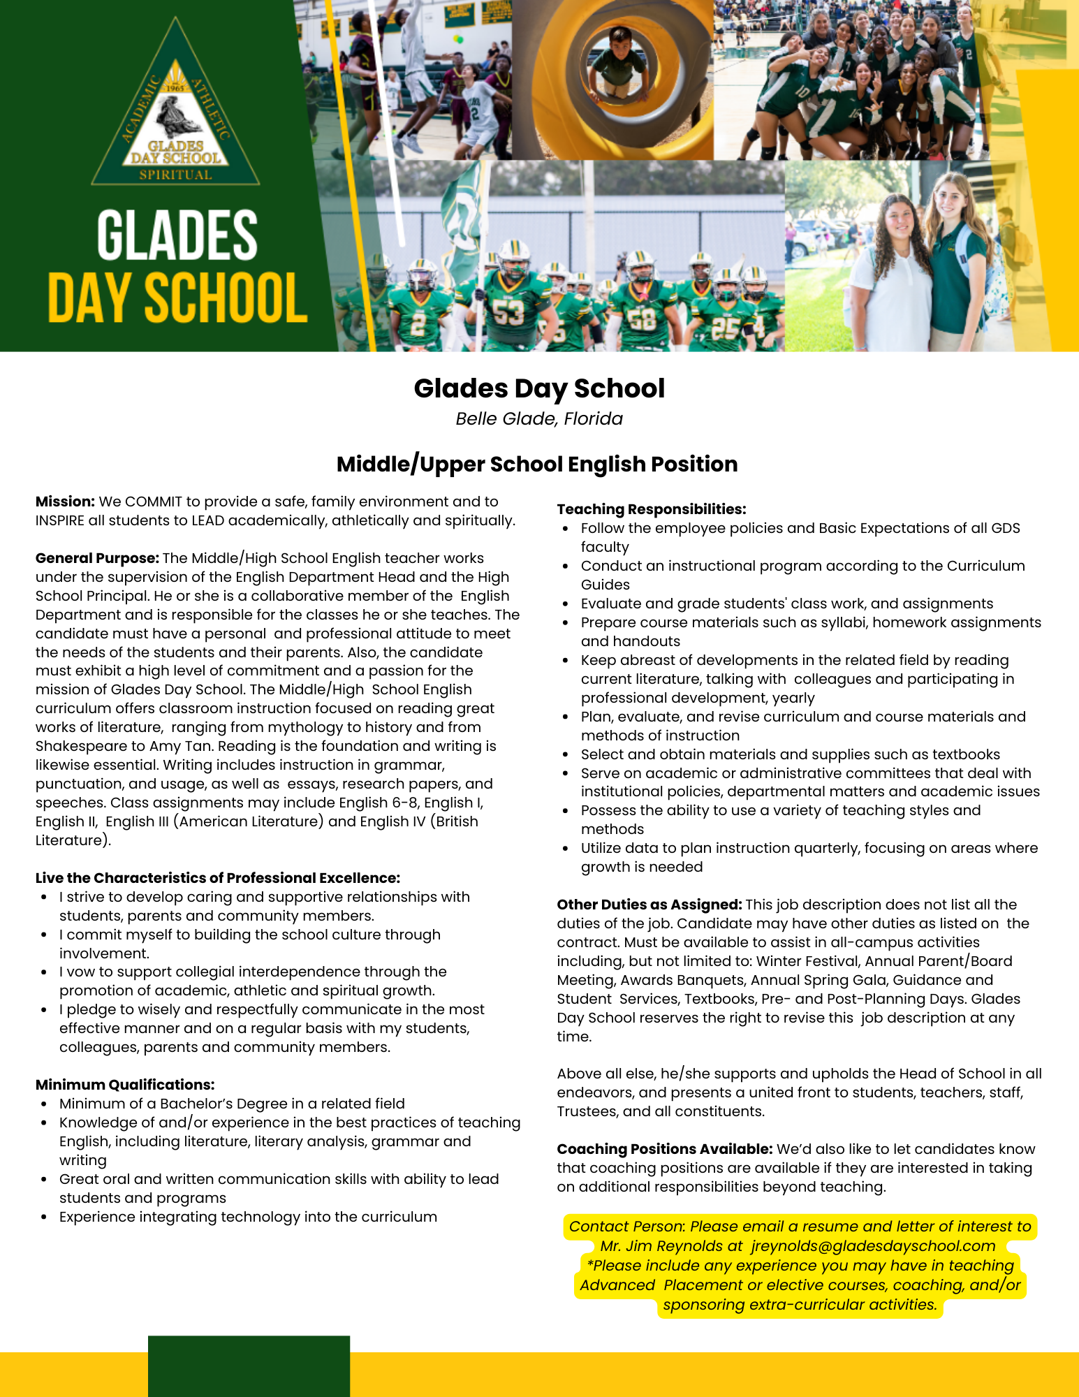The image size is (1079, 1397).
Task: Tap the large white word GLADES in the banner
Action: pos(177,236)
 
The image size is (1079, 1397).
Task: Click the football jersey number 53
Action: pos(508,313)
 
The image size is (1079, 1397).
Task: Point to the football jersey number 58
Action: pos(641,319)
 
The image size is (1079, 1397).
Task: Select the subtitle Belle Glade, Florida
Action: pos(539,419)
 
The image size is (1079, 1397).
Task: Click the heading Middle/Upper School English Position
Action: pos(537,465)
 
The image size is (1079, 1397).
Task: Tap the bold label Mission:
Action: pos(65,502)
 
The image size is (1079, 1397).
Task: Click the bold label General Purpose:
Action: pos(97,558)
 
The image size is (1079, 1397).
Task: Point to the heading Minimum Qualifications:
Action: pos(125,1085)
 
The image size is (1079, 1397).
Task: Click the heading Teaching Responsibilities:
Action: pos(652,509)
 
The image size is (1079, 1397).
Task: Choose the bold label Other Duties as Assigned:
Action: pos(649,905)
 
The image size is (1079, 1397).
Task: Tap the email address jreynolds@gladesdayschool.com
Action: pos(873,1246)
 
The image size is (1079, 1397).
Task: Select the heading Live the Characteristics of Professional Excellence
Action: pos(218,878)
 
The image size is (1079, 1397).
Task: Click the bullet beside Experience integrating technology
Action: pos(44,1217)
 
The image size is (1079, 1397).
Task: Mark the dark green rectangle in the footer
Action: pos(249,1366)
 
